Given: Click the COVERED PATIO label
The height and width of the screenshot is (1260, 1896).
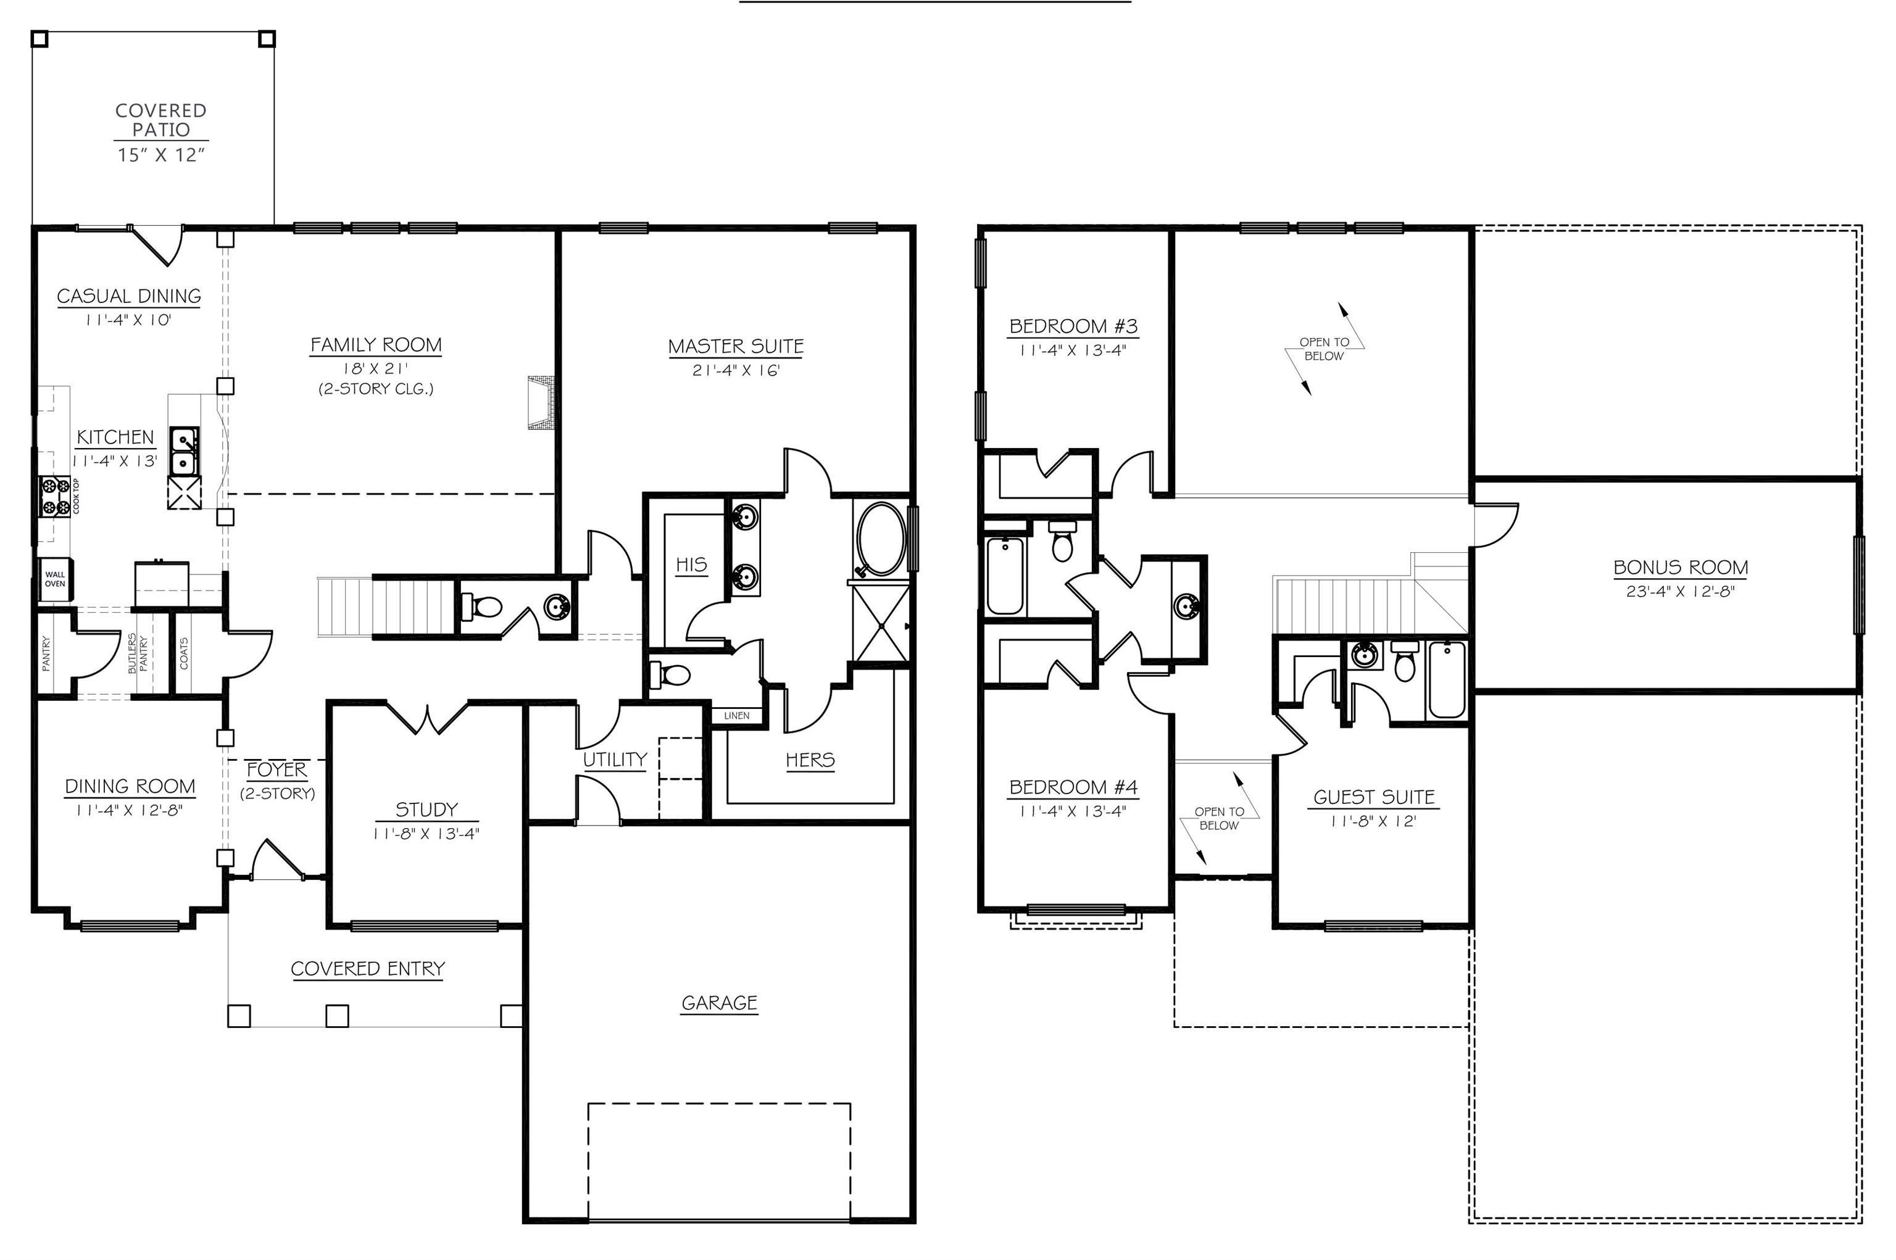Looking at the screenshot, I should click(x=160, y=120).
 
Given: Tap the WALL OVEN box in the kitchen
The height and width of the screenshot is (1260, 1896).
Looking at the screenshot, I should click(x=55, y=579).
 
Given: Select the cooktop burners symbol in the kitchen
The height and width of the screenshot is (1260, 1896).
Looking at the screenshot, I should click(x=56, y=496).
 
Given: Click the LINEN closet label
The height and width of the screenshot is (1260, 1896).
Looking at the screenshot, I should click(x=736, y=715).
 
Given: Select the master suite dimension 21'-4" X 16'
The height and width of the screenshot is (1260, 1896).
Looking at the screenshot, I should click(x=736, y=370).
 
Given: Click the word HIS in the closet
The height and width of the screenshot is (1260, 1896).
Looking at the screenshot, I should click(x=691, y=565).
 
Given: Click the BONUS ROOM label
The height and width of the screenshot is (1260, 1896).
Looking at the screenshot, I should click(x=1681, y=567).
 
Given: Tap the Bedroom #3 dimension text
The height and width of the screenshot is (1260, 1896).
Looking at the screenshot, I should click(x=1072, y=350).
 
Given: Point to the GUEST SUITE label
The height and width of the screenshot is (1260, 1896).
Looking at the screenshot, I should click(x=1374, y=797).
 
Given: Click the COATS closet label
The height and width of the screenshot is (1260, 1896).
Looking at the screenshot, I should click(x=184, y=653).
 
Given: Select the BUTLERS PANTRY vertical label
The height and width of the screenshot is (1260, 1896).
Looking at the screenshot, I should click(x=138, y=653).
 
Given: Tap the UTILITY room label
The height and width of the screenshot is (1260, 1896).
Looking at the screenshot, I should click(x=615, y=760).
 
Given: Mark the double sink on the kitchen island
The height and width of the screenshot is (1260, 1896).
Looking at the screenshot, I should click(x=184, y=452).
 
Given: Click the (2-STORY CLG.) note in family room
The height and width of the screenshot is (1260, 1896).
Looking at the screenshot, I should click(x=376, y=389).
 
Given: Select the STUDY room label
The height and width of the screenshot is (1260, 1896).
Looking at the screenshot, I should click(x=426, y=809).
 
